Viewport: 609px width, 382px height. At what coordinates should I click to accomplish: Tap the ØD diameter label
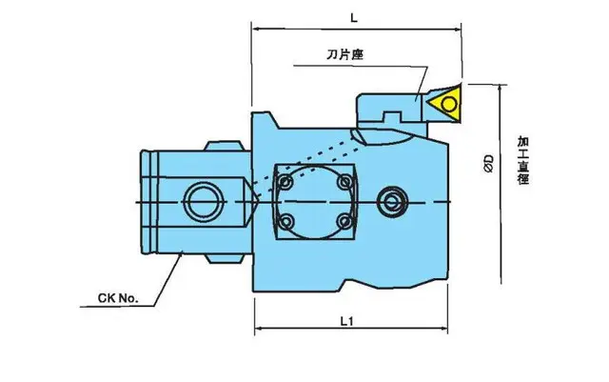point(487,163)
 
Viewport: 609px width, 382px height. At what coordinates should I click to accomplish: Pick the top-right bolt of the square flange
point(342,178)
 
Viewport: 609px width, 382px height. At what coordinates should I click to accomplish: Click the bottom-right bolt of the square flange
point(342,222)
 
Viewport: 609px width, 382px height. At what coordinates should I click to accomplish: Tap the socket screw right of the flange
point(393,200)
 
